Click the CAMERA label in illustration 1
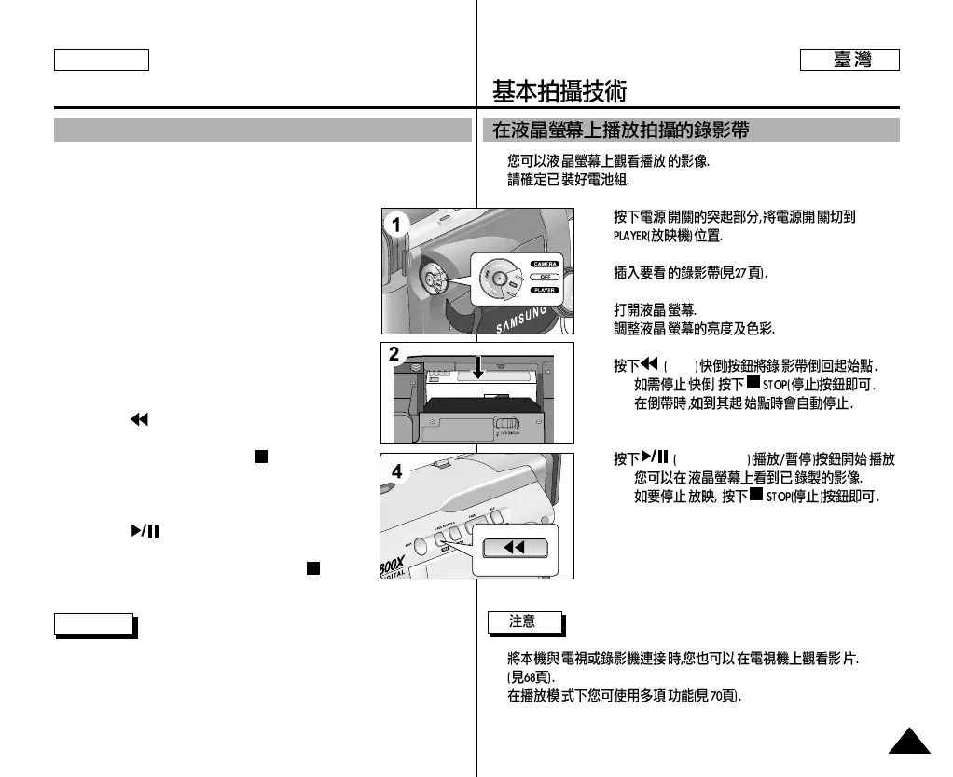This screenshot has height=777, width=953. [545, 264]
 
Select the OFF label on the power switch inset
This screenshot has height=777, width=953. [545, 277]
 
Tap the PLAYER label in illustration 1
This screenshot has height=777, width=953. [545, 290]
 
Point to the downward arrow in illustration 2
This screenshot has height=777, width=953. [477, 367]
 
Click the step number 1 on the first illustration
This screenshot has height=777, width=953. [396, 225]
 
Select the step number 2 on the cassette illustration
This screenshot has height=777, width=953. [394, 354]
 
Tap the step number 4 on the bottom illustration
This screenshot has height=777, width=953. [396, 472]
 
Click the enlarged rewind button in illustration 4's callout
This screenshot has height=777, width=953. [514, 549]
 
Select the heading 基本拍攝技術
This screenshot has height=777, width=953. [559, 91]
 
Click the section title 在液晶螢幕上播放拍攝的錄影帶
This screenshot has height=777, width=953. [620, 130]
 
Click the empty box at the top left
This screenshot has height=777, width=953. [102, 61]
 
